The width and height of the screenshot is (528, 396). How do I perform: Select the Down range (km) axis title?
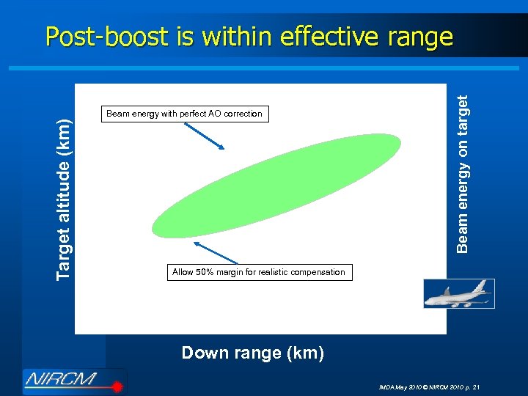252,353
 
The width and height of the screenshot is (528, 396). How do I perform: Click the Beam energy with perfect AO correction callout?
184,114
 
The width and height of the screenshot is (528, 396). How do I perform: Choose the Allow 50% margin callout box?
258,272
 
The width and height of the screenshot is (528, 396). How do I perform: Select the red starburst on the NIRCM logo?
115,384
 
